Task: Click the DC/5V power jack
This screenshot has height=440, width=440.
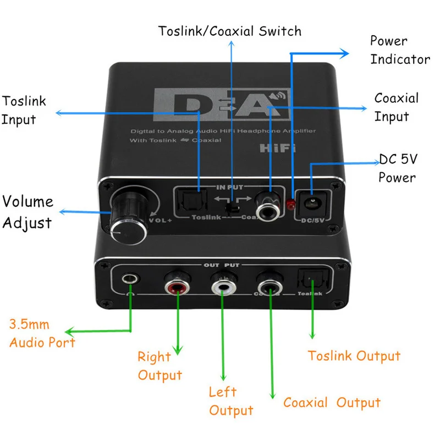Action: [x=312, y=202]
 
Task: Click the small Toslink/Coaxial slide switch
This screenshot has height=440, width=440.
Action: [x=232, y=208]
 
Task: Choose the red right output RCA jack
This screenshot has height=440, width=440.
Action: [x=177, y=287]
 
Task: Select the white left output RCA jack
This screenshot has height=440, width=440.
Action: [x=223, y=286]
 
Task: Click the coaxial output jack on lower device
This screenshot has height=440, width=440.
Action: [x=269, y=286]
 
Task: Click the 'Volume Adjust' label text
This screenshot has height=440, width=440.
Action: [x=28, y=212]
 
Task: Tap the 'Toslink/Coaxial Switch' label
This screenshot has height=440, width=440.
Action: [x=230, y=31]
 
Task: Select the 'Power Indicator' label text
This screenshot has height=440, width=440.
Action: [x=399, y=50]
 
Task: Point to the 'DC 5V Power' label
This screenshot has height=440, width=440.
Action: [x=398, y=168]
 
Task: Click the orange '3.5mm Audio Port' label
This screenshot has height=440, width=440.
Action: [x=42, y=333]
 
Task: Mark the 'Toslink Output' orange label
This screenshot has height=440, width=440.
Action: [x=354, y=356]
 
